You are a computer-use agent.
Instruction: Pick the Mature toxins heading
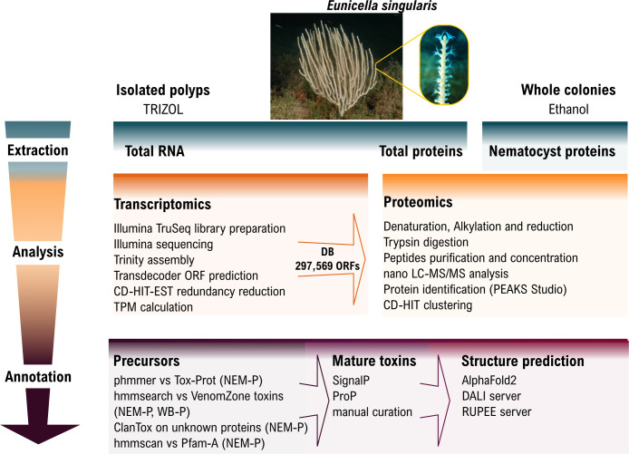point(356,361)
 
